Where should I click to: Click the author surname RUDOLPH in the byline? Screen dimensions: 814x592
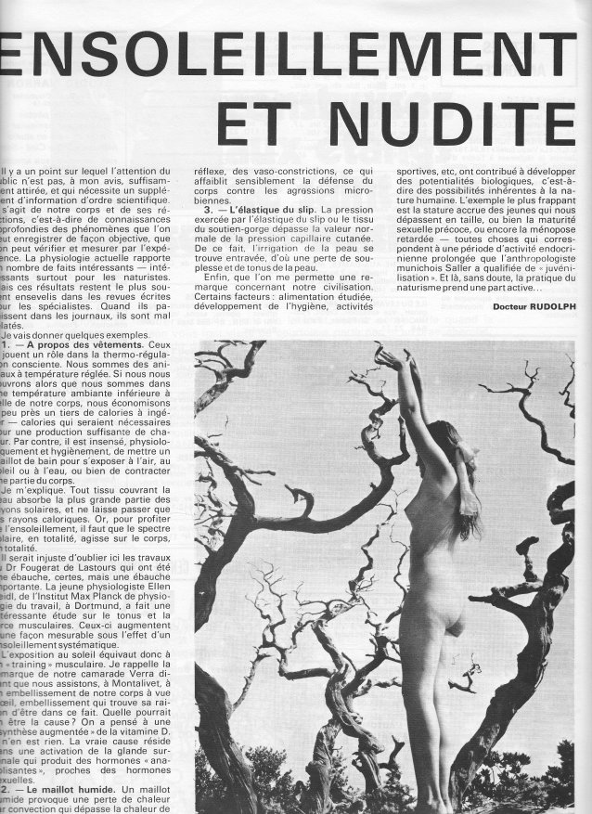543,305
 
